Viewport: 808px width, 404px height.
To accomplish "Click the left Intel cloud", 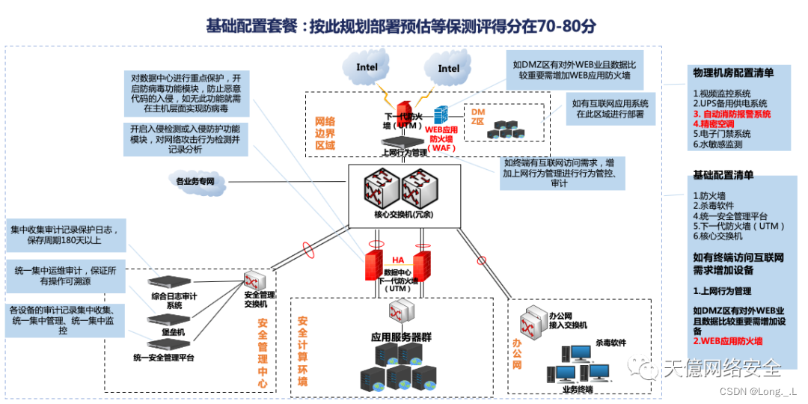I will (367, 67).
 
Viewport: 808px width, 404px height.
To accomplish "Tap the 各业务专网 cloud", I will (195, 181).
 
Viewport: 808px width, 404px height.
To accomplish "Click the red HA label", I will (398, 260).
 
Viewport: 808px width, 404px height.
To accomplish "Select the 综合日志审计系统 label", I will (174, 301).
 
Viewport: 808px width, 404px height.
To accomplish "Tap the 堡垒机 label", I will (174, 331).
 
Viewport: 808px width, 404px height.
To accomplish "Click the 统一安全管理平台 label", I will (164, 358).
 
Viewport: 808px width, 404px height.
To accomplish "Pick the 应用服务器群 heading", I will (401, 336).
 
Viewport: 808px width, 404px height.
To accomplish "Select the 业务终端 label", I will (577, 389).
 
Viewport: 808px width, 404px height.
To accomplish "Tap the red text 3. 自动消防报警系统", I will (732, 114).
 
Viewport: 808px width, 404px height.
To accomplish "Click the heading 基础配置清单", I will (723, 175).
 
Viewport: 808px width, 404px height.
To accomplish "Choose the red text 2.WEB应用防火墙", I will (727, 341).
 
